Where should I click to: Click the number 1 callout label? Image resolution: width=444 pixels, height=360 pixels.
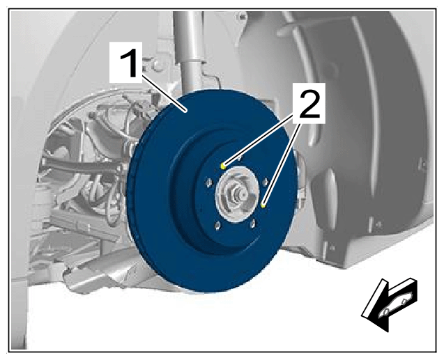click(x=125, y=63)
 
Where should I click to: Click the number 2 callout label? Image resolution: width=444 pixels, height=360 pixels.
click(x=309, y=103)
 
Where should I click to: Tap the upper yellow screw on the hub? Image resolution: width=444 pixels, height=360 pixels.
click(x=223, y=166)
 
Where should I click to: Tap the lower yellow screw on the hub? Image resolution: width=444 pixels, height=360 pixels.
click(x=263, y=205)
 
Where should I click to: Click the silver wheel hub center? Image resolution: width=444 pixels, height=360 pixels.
click(x=237, y=194)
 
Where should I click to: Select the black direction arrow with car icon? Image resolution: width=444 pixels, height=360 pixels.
click(x=390, y=304)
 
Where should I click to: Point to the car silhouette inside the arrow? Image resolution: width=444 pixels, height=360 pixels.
click(x=395, y=306)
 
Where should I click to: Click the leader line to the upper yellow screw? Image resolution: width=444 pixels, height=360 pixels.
click(x=260, y=141)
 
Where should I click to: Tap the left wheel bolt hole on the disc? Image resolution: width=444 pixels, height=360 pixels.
click(x=208, y=183)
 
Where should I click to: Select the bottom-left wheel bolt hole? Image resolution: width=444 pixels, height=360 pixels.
click(x=217, y=226)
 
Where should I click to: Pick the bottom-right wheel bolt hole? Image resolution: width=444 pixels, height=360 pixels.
click(x=253, y=224)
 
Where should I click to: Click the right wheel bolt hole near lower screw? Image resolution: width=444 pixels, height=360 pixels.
click(x=266, y=182)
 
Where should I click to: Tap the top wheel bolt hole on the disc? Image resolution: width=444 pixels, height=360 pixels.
click(x=239, y=157)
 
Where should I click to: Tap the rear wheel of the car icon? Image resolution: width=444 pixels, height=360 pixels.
click(x=404, y=302)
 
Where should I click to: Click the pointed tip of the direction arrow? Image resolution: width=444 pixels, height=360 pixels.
click(x=362, y=315)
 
